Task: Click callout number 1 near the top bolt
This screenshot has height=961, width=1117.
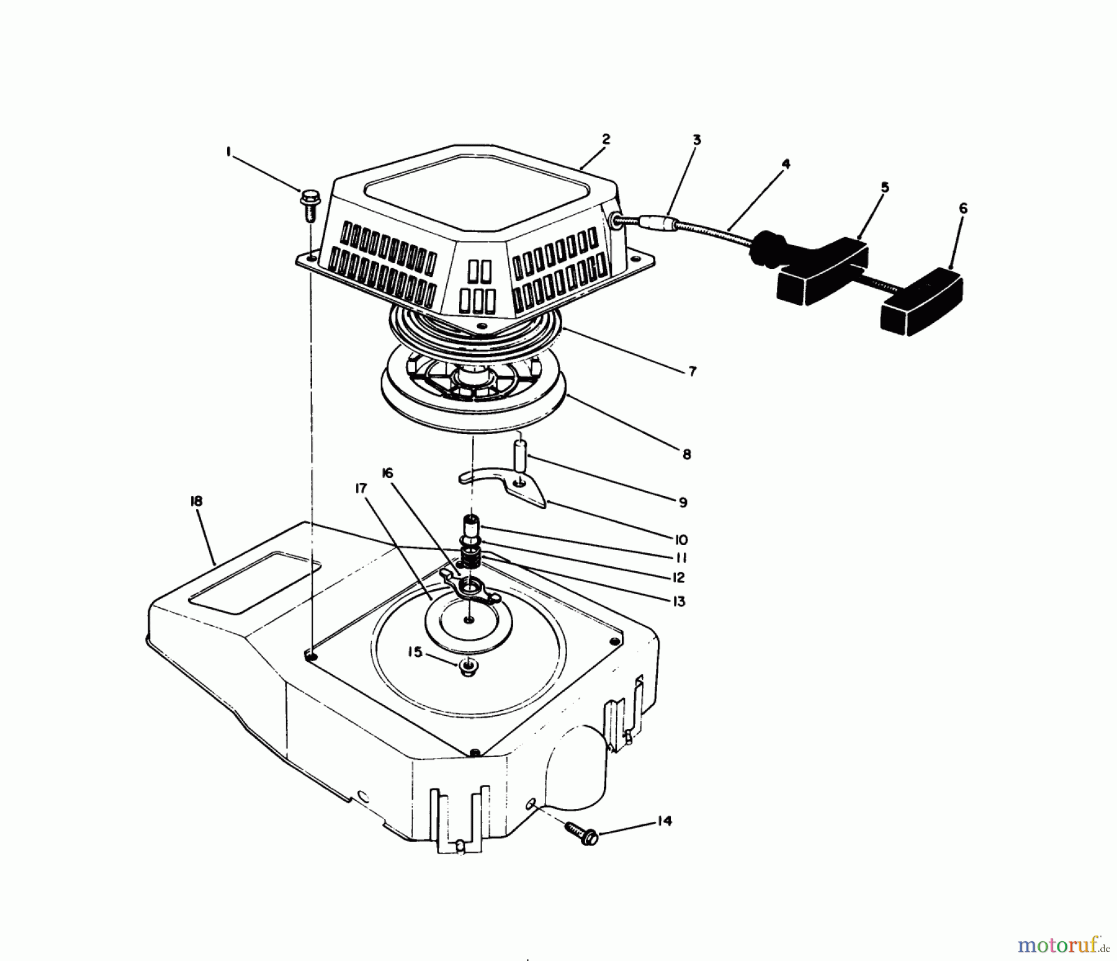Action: point(229,151)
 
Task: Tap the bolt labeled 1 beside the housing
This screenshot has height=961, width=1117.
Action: point(308,205)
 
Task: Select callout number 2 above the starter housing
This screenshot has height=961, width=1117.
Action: point(606,139)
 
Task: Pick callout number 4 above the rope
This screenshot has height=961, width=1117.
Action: point(786,165)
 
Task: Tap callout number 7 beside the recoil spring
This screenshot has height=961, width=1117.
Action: point(692,371)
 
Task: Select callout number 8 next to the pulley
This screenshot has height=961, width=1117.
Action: point(686,454)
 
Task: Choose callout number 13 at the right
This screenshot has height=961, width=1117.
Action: point(679,602)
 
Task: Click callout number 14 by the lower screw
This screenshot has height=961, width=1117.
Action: point(663,821)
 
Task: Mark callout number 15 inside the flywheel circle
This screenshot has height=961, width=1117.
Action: point(415,652)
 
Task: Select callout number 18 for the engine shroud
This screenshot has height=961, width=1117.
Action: point(196,501)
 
